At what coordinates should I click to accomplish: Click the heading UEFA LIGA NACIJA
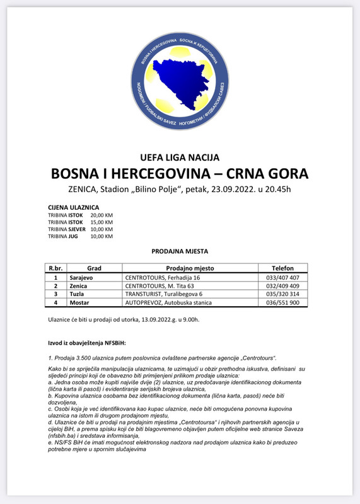click(x=180, y=157)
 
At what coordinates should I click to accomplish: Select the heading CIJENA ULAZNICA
click(x=73, y=207)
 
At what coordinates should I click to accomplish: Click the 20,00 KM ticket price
click(x=102, y=215)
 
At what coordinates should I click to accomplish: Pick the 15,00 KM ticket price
click(x=102, y=222)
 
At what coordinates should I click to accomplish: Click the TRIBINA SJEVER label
click(x=66, y=229)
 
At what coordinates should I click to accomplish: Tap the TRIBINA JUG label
click(x=62, y=236)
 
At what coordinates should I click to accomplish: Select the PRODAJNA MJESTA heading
click(x=180, y=251)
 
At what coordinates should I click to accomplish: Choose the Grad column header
click(x=94, y=268)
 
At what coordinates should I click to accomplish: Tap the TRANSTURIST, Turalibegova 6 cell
click(x=162, y=294)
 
